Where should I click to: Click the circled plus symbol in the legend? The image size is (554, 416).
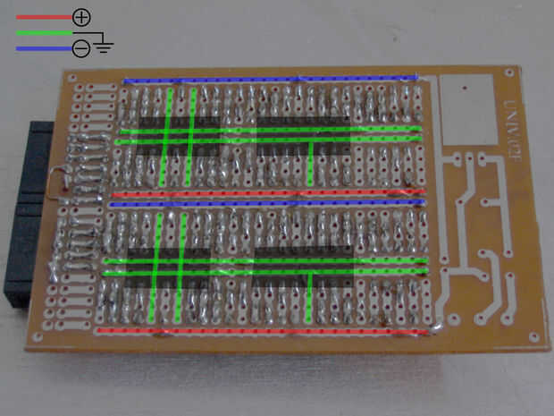80,16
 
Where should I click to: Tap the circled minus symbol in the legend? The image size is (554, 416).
80,48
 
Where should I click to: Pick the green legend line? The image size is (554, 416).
40,32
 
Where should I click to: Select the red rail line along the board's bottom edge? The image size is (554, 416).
259,329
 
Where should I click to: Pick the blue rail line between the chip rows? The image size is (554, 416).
264,203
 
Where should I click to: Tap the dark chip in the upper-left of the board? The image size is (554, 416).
179,136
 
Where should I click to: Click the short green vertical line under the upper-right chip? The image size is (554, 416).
309,161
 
